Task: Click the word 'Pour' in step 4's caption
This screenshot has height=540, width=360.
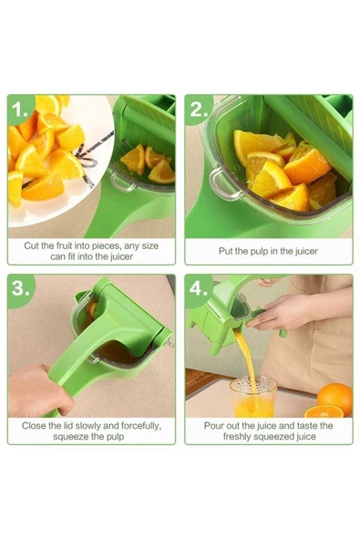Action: pos(213,424)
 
